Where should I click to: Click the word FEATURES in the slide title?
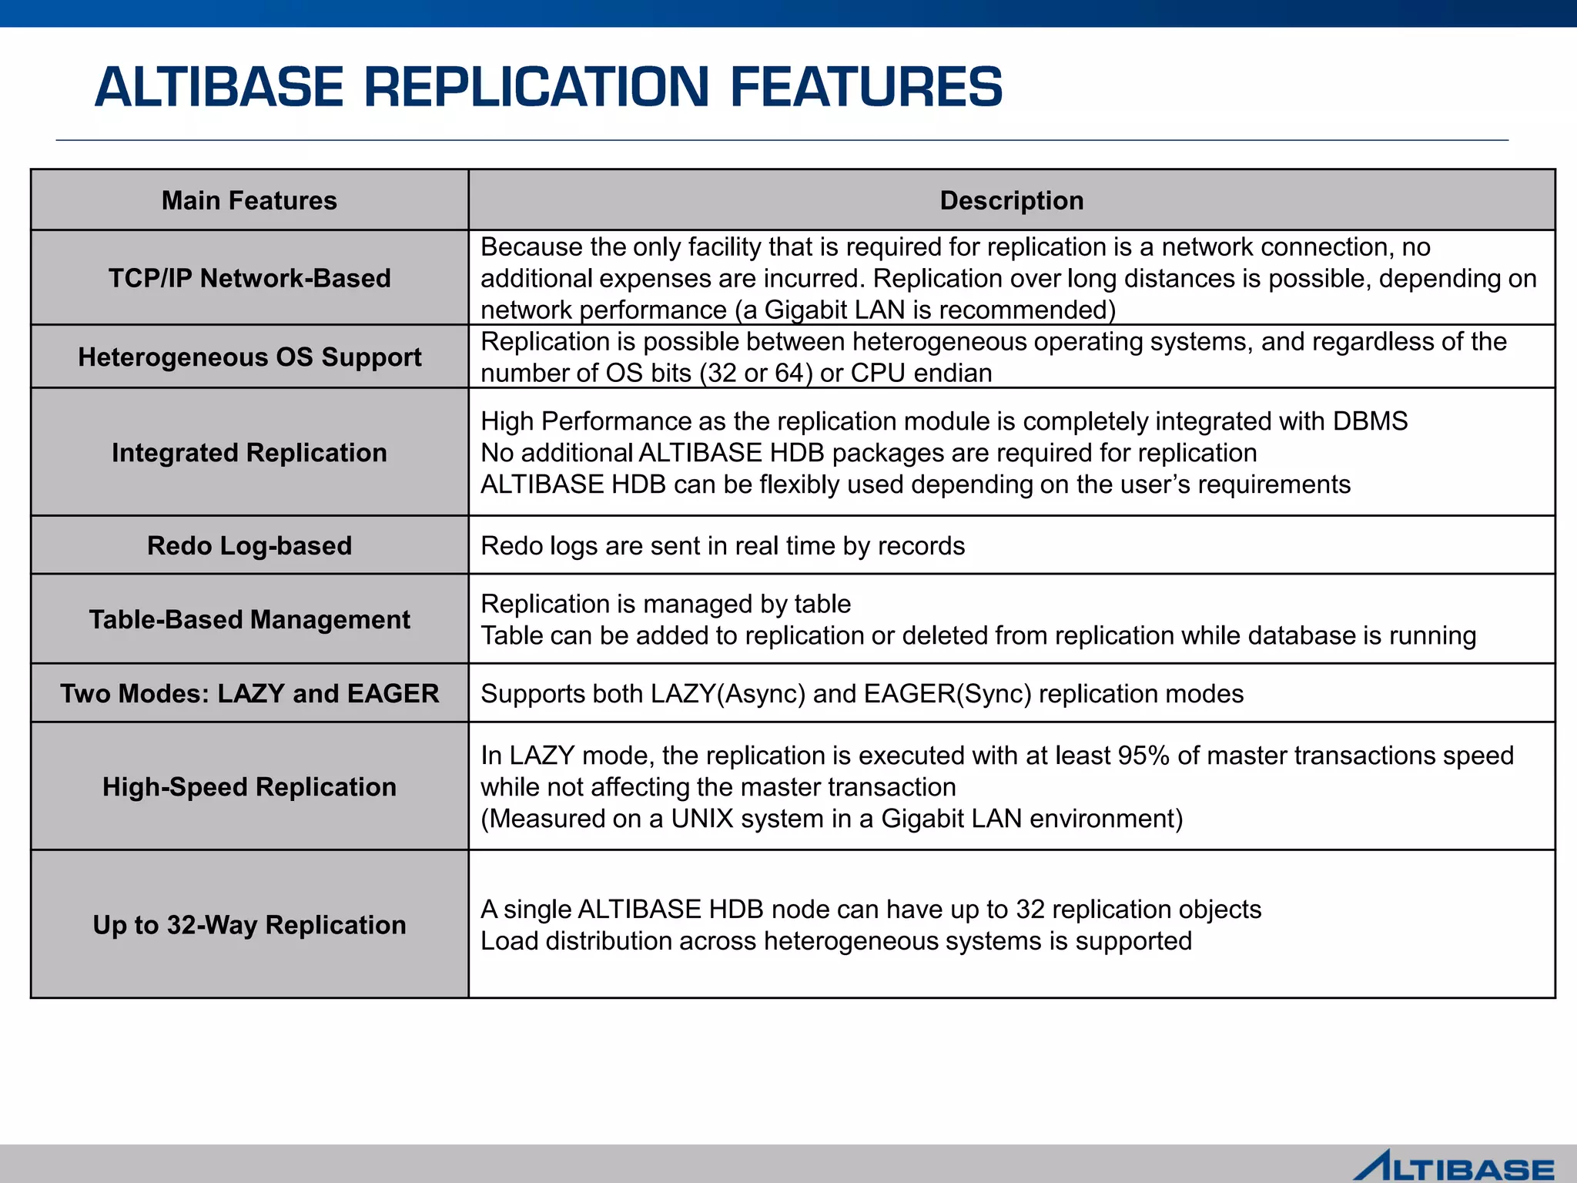pyautogui.click(x=866, y=87)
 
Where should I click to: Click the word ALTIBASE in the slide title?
pyautogui.click(x=219, y=87)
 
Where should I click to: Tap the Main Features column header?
pyautogui.click(x=249, y=200)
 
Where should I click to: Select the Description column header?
pyautogui.click(x=1011, y=200)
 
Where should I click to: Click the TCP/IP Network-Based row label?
pyautogui.click(x=249, y=278)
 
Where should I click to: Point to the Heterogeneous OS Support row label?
pyautogui.click(x=249, y=357)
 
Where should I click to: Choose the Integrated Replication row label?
pyautogui.click(x=249, y=453)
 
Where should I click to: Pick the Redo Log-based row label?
pyautogui.click(x=249, y=545)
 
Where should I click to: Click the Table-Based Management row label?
pyautogui.click(x=249, y=619)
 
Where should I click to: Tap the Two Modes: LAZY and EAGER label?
pyautogui.click(x=249, y=693)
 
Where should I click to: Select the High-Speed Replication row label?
pyautogui.click(x=249, y=787)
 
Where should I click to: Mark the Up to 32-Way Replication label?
pyautogui.click(x=249, y=925)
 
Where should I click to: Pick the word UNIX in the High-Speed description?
pyautogui.click(x=701, y=819)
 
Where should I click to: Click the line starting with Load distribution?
pyautogui.click(x=835, y=941)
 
